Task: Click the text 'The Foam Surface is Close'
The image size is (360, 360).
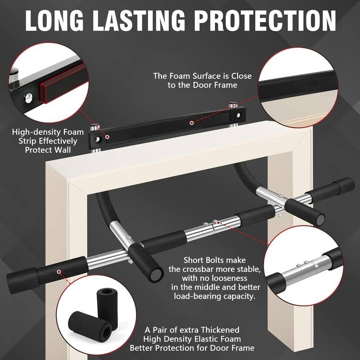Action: tap(202, 76)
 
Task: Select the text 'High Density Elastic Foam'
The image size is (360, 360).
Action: tap(192, 338)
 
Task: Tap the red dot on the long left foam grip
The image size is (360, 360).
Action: tap(59, 272)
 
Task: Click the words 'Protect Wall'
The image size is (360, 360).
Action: tap(45, 150)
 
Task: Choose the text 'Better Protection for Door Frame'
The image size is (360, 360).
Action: tap(192, 348)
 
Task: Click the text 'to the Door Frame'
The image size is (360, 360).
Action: tap(202, 85)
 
